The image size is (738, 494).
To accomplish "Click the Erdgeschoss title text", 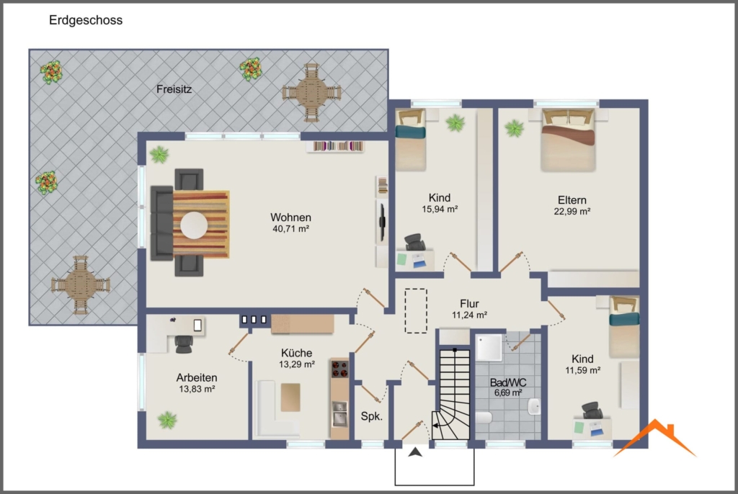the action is (86, 20).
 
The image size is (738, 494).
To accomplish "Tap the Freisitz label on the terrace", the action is (174, 89).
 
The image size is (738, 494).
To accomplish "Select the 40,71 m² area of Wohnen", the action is (291, 229).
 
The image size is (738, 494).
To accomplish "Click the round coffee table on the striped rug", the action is (194, 225).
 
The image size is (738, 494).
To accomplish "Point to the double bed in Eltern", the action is (568, 140).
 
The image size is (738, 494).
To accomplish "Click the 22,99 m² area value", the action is (572, 212).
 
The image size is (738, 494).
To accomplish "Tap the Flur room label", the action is (470, 304).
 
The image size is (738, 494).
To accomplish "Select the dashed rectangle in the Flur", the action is (416, 311).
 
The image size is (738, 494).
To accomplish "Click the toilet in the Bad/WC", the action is (484, 418).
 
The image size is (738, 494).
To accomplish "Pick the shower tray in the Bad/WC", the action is (489, 348).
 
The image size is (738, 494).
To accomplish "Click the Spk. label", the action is (372, 416).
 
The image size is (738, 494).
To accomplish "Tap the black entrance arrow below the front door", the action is (415, 452).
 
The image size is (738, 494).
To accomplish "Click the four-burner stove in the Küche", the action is (340, 369).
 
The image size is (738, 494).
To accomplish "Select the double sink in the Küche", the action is (339, 413).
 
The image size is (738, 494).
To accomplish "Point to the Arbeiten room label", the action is (197, 378).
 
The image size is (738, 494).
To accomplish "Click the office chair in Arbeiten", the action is (184, 344).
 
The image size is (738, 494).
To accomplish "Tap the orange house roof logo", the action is (654, 439).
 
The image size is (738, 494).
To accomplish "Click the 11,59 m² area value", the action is (582, 371).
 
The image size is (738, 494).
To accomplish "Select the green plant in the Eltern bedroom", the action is (514, 127).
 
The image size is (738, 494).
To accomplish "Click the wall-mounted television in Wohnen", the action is (383, 220).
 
